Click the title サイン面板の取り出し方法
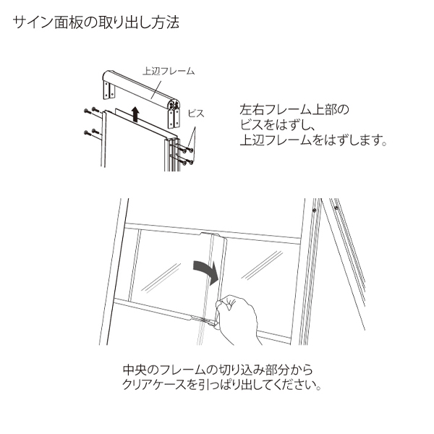[95, 22]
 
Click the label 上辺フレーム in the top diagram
[169, 71]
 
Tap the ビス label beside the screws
[196, 114]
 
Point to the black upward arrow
[135, 114]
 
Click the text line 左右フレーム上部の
[294, 110]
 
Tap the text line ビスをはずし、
[277, 125]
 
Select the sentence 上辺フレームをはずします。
[313, 140]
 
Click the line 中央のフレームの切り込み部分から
[218, 370]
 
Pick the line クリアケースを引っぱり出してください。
[221, 385]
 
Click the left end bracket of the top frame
[109, 90]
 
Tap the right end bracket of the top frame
[174, 118]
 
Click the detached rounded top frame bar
[141, 88]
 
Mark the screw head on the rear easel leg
[336, 208]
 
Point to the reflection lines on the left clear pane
[161, 277]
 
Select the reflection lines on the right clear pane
[262, 265]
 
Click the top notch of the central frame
[213, 235]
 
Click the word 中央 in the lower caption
[135, 370]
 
